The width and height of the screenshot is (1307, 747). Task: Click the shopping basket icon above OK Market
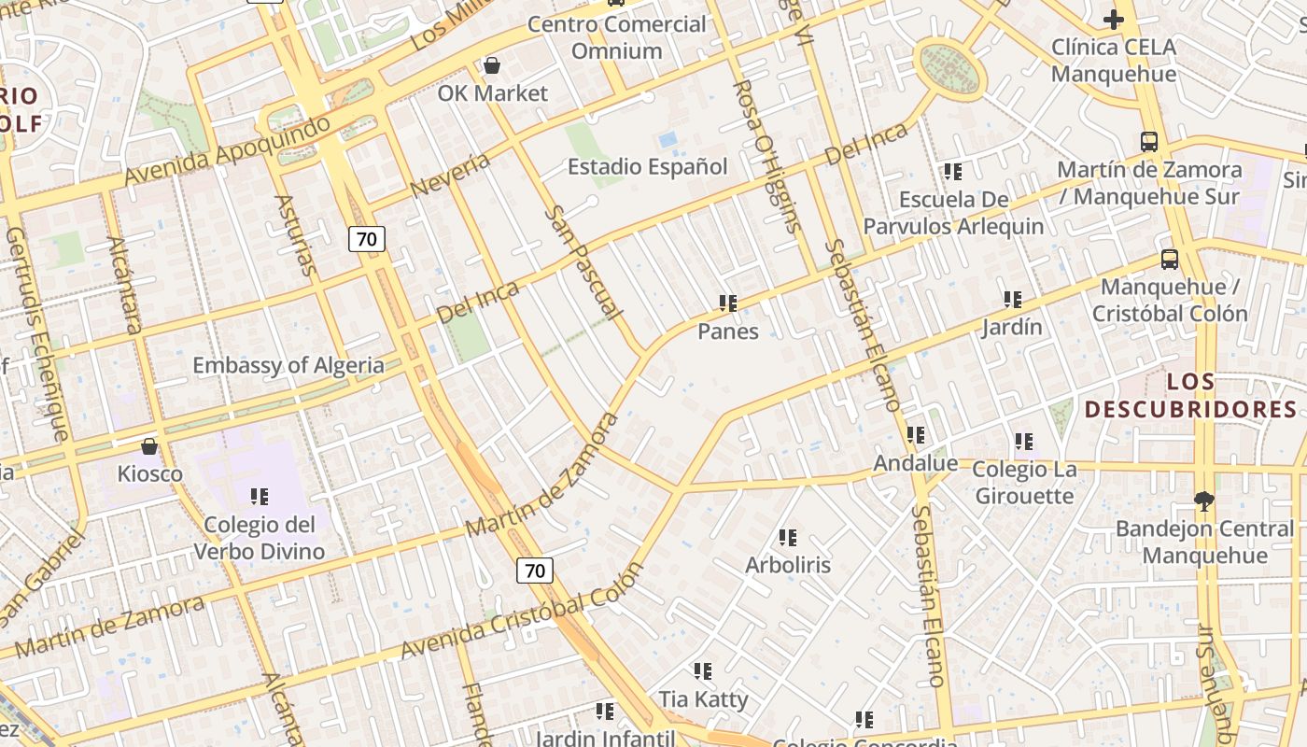click(x=492, y=65)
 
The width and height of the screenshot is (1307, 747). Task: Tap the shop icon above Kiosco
click(x=148, y=446)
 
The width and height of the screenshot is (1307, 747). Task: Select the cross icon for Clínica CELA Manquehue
click(x=1113, y=19)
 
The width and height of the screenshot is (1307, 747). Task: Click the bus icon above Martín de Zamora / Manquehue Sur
click(x=1149, y=142)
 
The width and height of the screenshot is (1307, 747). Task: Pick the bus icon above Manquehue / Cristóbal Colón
click(x=1169, y=260)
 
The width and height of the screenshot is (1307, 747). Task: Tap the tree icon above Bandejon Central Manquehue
click(x=1204, y=501)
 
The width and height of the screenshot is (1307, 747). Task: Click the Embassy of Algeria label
click(x=288, y=365)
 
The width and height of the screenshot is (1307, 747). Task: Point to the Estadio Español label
click(x=648, y=167)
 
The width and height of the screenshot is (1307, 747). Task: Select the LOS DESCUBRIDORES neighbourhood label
click(x=1191, y=395)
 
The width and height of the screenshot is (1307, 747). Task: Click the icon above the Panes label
click(x=728, y=303)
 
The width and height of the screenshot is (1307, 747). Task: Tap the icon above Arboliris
click(x=788, y=538)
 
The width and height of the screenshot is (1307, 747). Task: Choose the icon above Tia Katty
click(x=703, y=671)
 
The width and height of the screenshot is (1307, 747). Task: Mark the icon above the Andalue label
click(x=916, y=435)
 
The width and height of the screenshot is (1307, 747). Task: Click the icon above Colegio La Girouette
click(x=1024, y=441)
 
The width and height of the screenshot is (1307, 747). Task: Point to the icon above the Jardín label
click(x=1013, y=300)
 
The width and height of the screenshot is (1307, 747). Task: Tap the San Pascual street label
click(x=583, y=262)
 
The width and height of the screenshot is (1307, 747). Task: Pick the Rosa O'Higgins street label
click(x=767, y=155)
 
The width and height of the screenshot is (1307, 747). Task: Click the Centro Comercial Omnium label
click(x=617, y=37)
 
